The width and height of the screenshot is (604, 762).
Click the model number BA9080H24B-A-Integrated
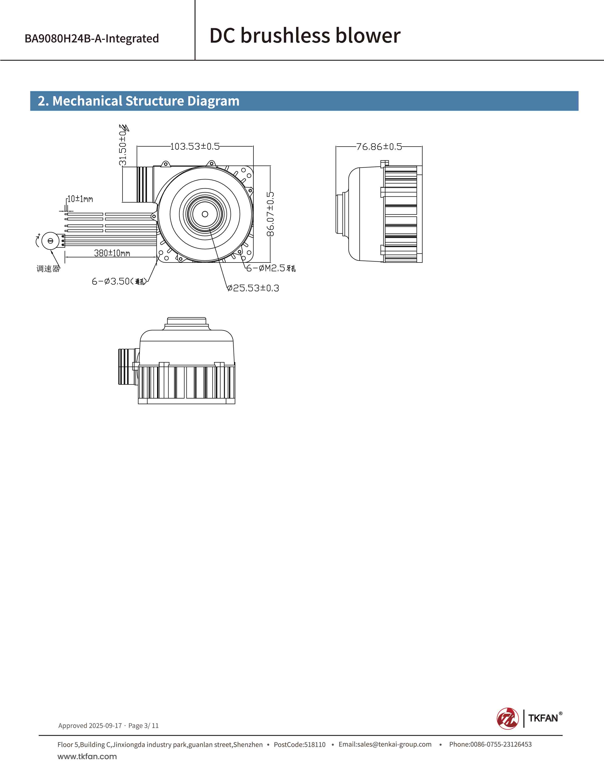pos(92,38)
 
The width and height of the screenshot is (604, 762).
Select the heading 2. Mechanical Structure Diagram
pos(139,101)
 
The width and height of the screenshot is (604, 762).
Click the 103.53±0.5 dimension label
pos(195,146)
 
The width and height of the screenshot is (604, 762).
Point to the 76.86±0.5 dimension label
pos(379,147)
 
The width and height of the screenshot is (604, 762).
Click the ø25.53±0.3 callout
pos(253,288)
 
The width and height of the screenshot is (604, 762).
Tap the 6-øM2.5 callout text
pos(270,268)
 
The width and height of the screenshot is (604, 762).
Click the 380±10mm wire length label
pos(112,253)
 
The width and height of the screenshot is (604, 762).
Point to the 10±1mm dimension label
pos(80,199)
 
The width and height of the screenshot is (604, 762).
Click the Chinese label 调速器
pos(48,269)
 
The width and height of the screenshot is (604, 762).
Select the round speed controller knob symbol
pos(50,241)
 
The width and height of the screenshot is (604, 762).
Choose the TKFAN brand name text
pos(543,718)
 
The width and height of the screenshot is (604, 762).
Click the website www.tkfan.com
pos(87,756)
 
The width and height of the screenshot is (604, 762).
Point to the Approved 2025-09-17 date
pos(90,726)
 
